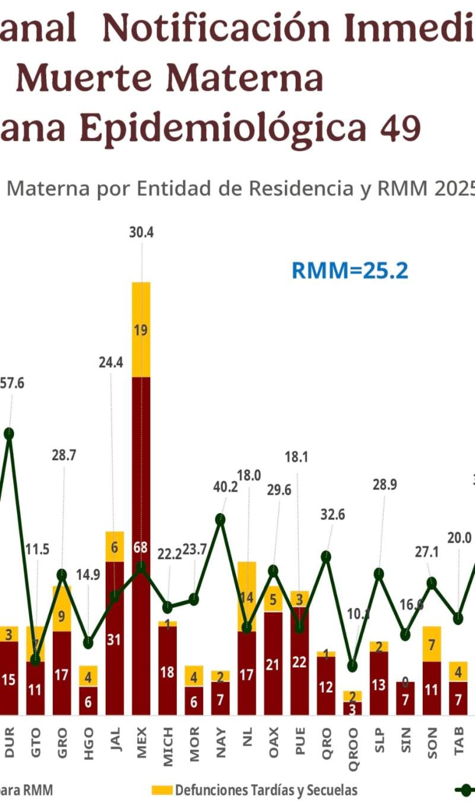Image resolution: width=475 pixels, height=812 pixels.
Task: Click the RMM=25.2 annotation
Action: tap(350, 270)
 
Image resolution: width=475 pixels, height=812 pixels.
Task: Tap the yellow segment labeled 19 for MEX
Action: tap(141, 330)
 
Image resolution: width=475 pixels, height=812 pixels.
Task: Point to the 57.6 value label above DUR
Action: tap(12, 383)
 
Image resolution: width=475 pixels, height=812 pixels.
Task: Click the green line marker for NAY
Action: tap(220, 520)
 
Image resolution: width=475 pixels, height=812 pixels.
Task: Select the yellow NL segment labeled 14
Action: tap(247, 596)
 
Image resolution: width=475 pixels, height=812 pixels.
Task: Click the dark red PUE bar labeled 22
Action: tap(300, 661)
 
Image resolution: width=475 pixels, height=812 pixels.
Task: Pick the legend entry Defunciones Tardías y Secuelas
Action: tap(255, 790)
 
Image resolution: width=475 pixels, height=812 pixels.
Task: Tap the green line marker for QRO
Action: tap(326, 556)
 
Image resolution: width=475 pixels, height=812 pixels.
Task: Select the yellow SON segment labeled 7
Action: tap(432, 644)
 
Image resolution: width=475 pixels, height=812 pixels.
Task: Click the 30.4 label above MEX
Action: tap(141, 233)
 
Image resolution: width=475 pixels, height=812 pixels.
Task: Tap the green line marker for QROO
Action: tap(353, 665)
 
